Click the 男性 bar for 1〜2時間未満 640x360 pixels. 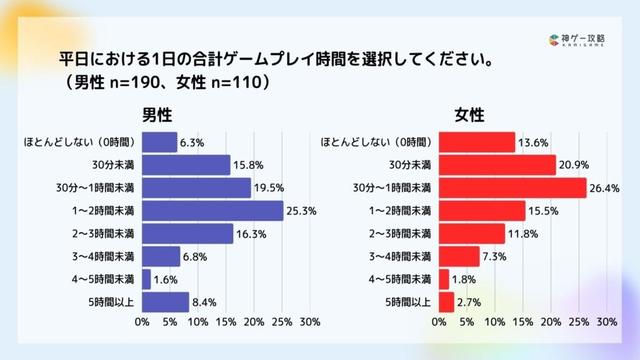[x=212, y=210]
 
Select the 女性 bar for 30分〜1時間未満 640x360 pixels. [x=513, y=187]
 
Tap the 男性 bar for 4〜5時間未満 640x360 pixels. [x=146, y=279]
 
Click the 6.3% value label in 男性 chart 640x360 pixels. [x=192, y=142]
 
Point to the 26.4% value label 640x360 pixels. [x=606, y=187]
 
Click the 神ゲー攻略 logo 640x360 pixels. [x=584, y=40]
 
